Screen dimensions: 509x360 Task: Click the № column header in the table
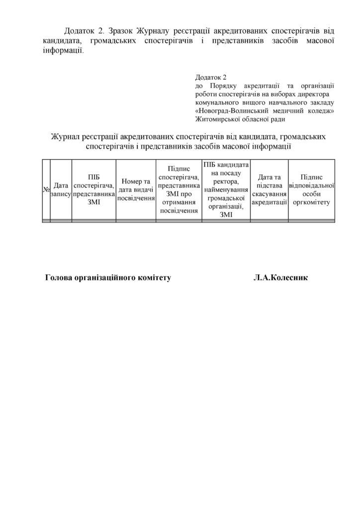click(x=46, y=189)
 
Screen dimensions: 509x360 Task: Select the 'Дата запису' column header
click(x=61, y=189)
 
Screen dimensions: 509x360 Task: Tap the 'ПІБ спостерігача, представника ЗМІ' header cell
click(x=93, y=189)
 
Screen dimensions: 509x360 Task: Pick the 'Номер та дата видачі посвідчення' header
click(x=135, y=189)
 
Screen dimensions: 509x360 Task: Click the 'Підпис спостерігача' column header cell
click(x=178, y=189)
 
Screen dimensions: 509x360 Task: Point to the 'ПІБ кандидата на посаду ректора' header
click(x=226, y=189)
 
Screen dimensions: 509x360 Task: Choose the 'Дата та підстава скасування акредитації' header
click(x=270, y=189)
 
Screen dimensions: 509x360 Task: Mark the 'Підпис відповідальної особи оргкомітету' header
click(x=312, y=189)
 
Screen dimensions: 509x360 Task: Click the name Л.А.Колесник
click(x=280, y=278)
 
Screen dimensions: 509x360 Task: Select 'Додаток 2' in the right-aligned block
click(x=211, y=78)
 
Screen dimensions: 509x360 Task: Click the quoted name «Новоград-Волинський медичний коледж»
click(x=265, y=110)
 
